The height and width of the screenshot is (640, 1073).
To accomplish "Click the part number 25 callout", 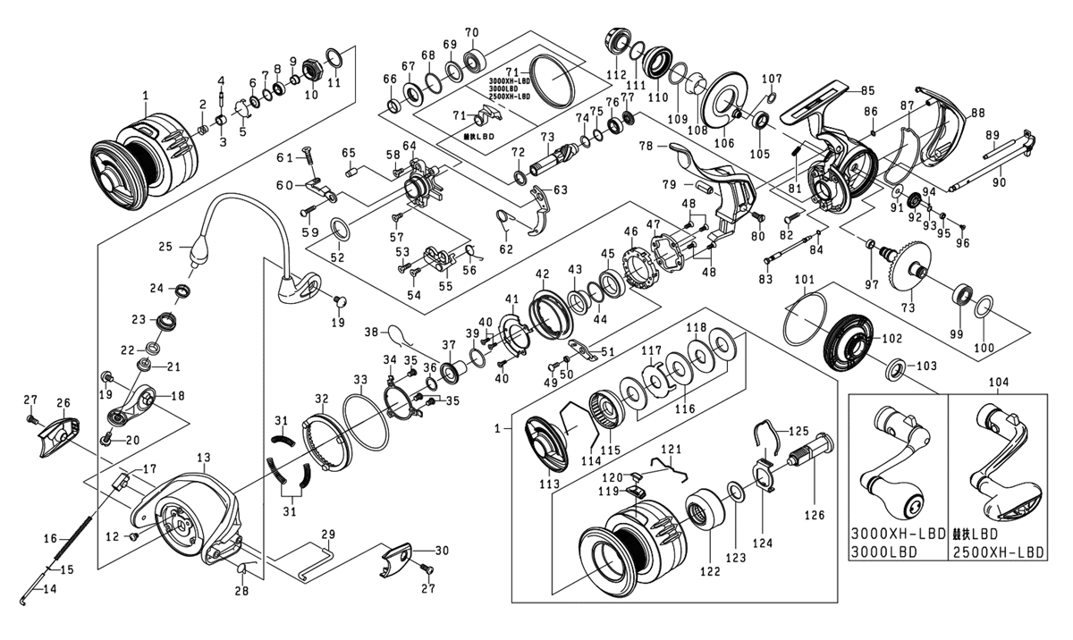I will click(x=164, y=246).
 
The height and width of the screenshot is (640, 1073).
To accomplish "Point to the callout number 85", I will click(x=866, y=89).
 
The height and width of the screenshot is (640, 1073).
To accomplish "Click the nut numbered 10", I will click(x=313, y=67).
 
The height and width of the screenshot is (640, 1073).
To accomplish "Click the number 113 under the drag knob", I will click(x=549, y=483).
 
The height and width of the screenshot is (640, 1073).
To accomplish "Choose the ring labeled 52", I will click(x=341, y=230).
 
